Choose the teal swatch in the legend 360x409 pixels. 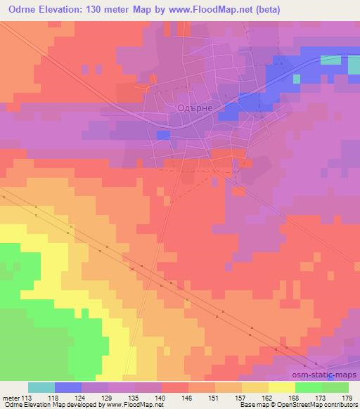point(41,387)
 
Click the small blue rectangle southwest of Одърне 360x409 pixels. point(163,134)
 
